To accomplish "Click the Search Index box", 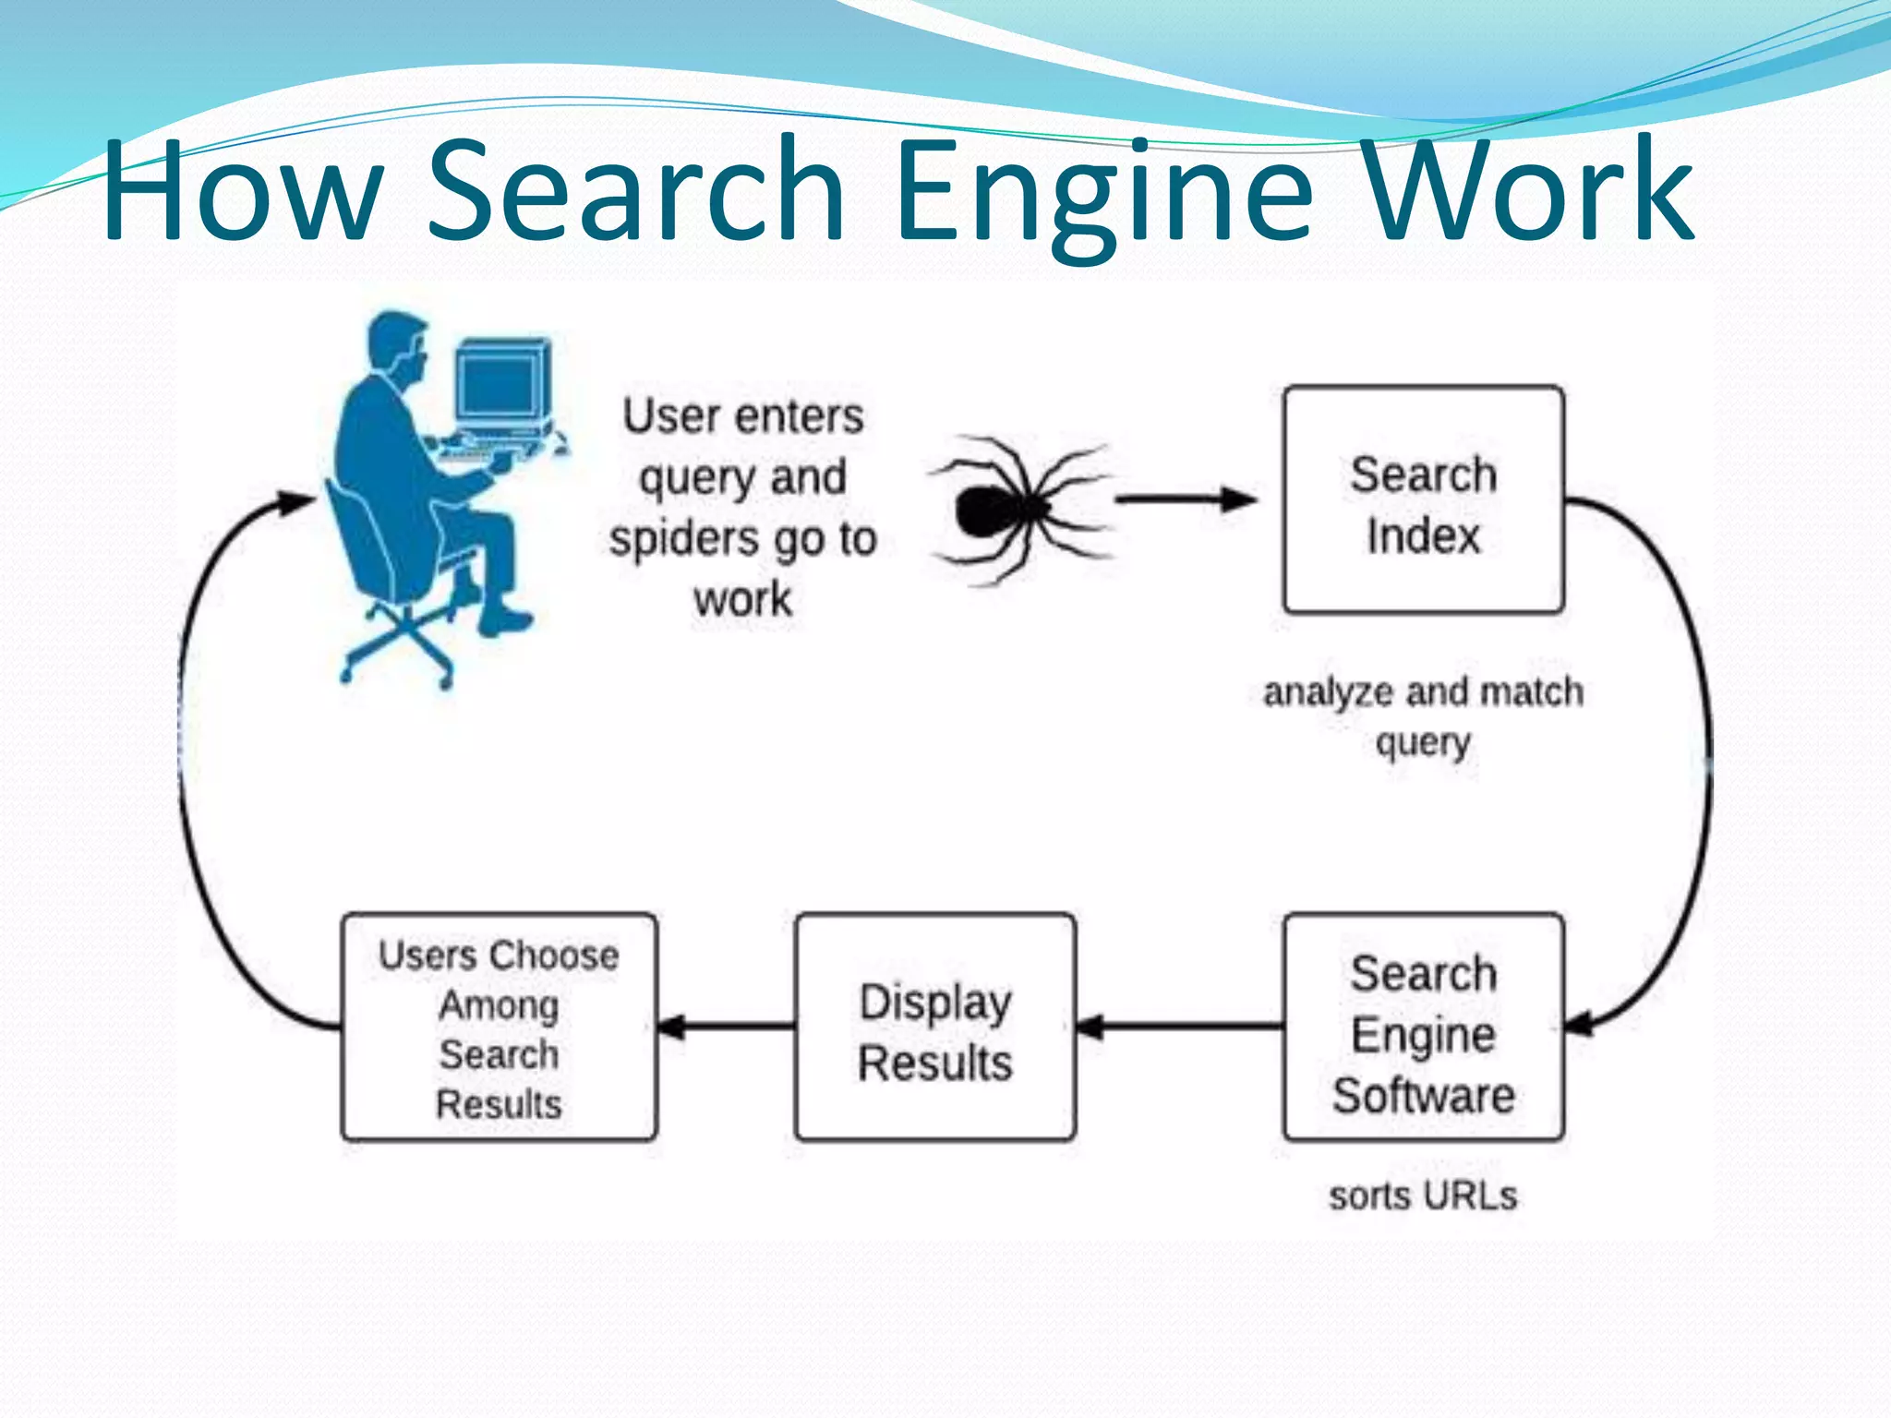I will tap(1423, 499).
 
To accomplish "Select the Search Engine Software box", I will tap(1423, 1027).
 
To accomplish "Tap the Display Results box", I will tap(934, 1027).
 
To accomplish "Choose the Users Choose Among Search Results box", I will tap(499, 1027).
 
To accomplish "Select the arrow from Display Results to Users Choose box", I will tap(726, 1026).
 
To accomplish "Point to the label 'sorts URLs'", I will tap(1423, 1196).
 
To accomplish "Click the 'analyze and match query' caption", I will tap(1423, 716).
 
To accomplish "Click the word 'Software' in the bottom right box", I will tap(1423, 1095).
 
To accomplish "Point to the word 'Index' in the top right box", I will tap(1423, 535).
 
